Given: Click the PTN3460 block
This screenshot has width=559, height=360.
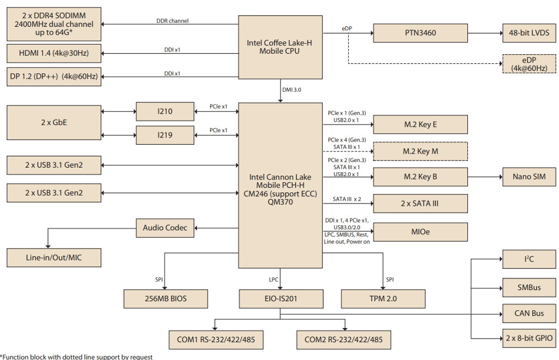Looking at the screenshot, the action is pyautogui.click(x=420, y=33).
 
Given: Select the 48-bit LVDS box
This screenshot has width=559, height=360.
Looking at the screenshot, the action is pyautogui.click(x=529, y=33).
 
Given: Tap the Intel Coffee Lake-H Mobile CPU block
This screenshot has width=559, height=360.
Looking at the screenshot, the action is pyautogui.click(x=280, y=47).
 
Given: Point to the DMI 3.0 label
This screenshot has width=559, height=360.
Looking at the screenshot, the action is pyautogui.click(x=292, y=90).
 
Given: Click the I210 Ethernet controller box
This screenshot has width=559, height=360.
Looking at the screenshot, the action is pyautogui.click(x=165, y=112).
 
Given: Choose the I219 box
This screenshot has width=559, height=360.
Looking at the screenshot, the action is pyautogui.click(x=165, y=135).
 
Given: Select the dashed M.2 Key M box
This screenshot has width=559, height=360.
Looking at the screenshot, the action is pyautogui.click(x=420, y=151).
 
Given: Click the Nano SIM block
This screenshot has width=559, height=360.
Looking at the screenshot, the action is pyautogui.click(x=529, y=177).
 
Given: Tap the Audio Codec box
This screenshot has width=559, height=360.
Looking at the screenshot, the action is pyautogui.click(x=165, y=228).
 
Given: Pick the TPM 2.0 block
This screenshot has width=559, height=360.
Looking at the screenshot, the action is pyautogui.click(x=383, y=299).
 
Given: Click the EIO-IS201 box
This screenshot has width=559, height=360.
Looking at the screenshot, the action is pyautogui.click(x=281, y=299).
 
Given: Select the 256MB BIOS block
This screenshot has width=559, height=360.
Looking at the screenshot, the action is pyautogui.click(x=166, y=299).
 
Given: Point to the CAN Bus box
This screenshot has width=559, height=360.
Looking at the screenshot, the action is pyautogui.click(x=529, y=313).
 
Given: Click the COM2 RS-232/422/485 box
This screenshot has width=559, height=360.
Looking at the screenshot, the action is pyautogui.click(x=344, y=340).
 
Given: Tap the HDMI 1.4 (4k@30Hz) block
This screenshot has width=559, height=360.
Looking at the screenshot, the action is pyautogui.click(x=54, y=54).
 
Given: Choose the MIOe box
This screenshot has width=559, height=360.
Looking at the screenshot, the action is pyautogui.click(x=420, y=232).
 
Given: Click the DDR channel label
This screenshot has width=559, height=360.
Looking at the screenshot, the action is pyautogui.click(x=173, y=21).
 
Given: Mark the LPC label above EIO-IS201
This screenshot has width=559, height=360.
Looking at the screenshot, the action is pyautogui.click(x=273, y=280).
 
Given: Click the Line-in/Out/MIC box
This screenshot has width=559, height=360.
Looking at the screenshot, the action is pyautogui.click(x=54, y=258).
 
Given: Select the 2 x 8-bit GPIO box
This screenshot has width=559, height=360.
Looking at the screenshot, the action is pyautogui.click(x=529, y=338).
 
